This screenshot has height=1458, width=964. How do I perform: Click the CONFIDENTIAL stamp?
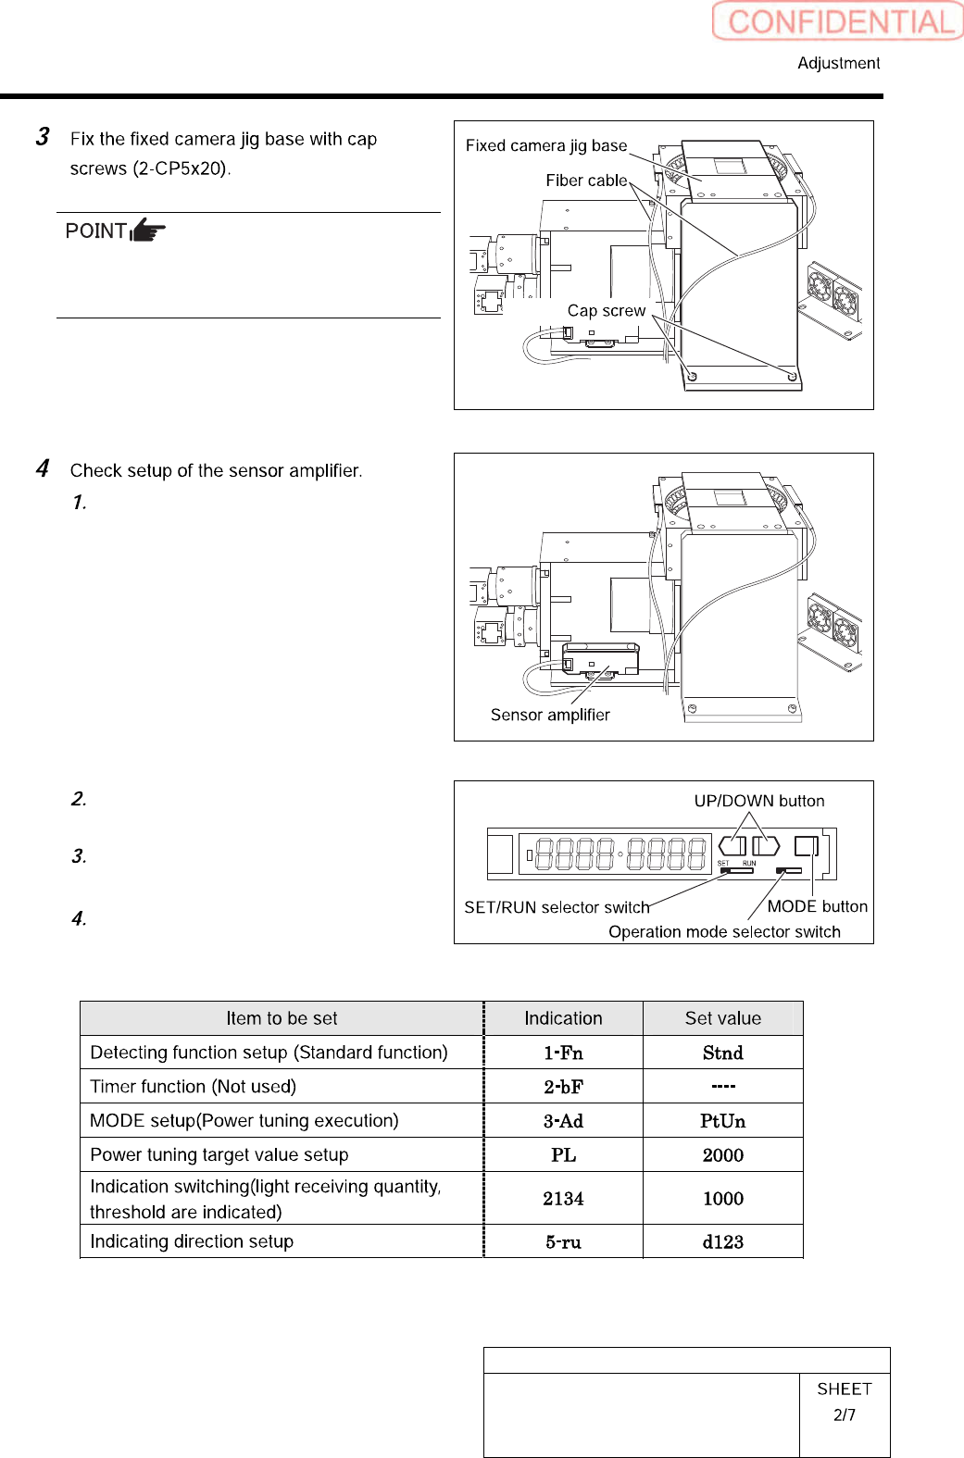click(838, 21)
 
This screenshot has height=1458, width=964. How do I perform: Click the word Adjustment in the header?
click(838, 63)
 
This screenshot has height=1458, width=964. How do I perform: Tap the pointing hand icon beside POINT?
click(148, 230)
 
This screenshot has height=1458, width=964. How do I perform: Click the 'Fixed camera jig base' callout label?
click(545, 145)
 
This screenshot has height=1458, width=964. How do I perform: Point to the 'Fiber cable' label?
click(586, 181)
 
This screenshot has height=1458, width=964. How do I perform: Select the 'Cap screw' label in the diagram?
click(606, 311)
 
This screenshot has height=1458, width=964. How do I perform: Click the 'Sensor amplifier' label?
click(550, 715)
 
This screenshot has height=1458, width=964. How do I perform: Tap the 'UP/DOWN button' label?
click(759, 801)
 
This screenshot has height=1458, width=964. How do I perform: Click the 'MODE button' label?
click(817, 906)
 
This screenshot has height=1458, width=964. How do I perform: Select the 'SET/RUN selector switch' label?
click(557, 907)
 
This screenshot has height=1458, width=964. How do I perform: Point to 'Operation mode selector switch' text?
click(724, 931)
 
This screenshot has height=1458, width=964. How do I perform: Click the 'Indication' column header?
click(563, 1018)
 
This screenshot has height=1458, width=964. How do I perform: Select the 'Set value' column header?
click(722, 1018)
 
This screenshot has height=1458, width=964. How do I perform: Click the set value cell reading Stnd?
click(722, 1053)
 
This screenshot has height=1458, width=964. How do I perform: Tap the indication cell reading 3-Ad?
click(563, 1121)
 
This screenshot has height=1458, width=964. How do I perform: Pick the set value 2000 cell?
click(722, 1155)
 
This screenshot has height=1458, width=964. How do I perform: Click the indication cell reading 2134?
click(563, 1199)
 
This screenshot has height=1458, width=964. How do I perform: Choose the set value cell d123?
click(722, 1242)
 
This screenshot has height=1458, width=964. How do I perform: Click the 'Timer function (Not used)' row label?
click(193, 1087)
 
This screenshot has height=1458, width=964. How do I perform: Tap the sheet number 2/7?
click(844, 1414)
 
